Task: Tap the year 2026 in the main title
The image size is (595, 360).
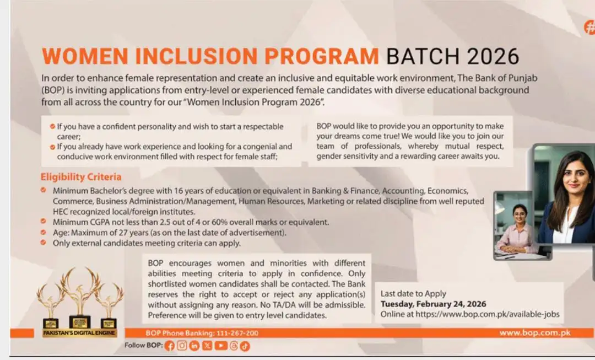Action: pyautogui.click(x=493, y=56)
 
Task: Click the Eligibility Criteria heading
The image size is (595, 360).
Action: pyautogui.click(x=80, y=177)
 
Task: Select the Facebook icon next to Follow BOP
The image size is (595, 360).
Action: pyautogui.click(x=169, y=346)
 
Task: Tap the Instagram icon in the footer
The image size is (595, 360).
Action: pyautogui.click(x=182, y=346)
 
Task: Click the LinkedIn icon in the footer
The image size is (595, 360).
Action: pyautogui.click(x=194, y=346)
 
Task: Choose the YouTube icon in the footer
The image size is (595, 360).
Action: pyautogui.click(x=220, y=346)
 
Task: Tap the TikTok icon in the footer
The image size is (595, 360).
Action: pyautogui.click(x=245, y=346)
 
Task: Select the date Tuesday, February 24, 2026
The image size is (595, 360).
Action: pyautogui.click(x=434, y=304)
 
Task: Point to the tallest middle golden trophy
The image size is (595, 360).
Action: pyautogui.click(x=80, y=292)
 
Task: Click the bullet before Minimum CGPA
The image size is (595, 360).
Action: pyautogui.click(x=43, y=222)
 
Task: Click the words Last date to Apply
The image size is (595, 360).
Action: pyautogui.click(x=413, y=293)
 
